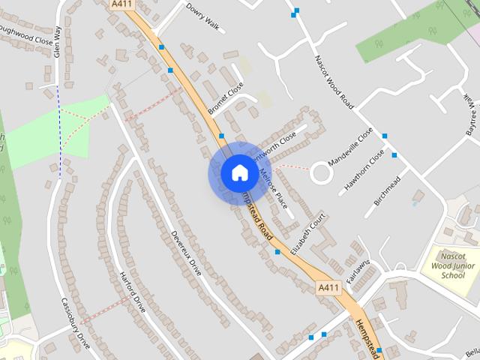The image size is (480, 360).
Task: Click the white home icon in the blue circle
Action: coord(238,172)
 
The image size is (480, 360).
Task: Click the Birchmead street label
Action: coord(387,192)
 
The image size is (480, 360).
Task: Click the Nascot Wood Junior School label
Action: coord(449,264)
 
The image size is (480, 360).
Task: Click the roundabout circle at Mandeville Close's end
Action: coord(322,173)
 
